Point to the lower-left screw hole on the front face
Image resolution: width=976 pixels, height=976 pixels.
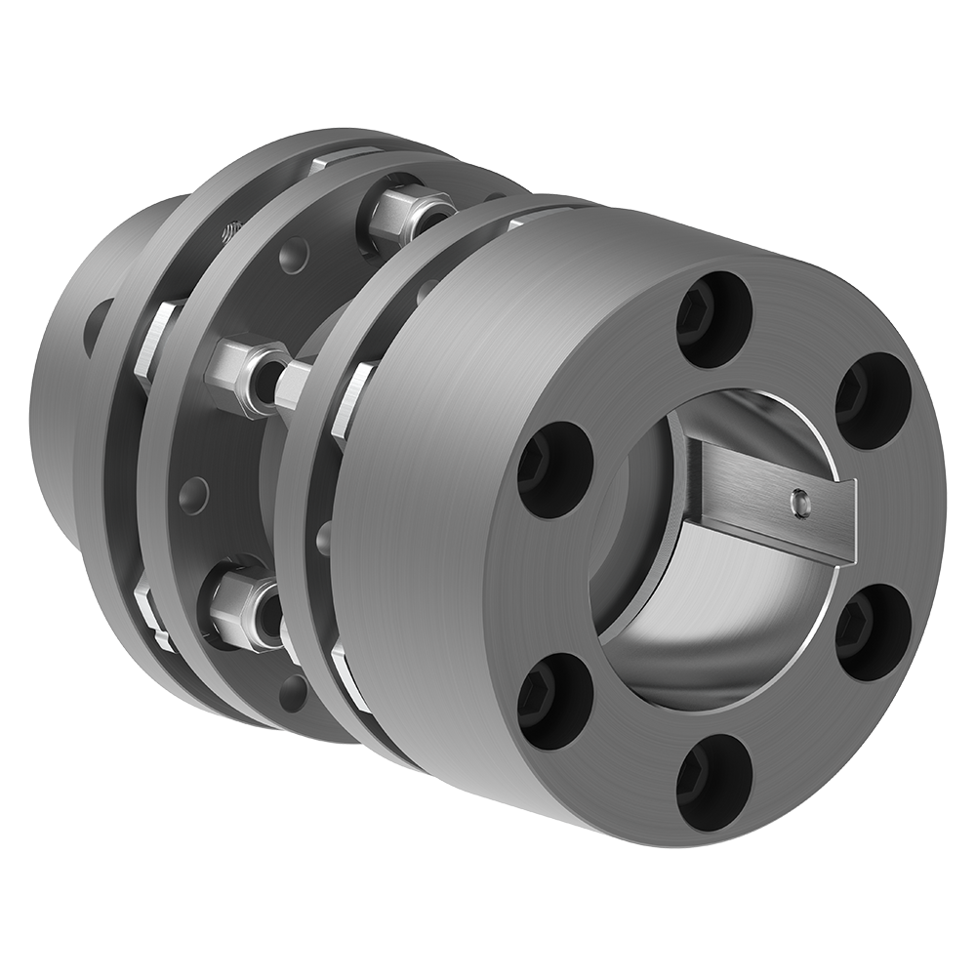point(554,701)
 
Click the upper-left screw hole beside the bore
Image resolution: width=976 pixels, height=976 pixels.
point(553,469)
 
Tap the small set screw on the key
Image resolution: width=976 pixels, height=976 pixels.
point(801,501)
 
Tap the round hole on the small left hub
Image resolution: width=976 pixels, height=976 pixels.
point(97,327)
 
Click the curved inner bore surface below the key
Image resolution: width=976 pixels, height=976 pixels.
point(673,625)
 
